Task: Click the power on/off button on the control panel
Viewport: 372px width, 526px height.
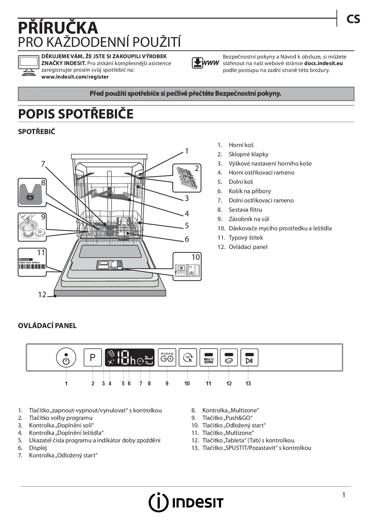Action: coord(66,357)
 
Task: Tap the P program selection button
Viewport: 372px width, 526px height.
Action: coord(93,357)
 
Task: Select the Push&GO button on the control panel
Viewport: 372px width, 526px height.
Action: coord(167,357)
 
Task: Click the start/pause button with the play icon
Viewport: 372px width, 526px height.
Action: coord(249,357)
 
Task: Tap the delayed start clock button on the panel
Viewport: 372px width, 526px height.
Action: coord(188,357)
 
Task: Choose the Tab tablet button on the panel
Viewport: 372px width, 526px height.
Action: coord(229,357)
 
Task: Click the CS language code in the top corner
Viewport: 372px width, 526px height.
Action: coord(353,19)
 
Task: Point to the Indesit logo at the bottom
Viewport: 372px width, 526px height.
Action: coord(186,502)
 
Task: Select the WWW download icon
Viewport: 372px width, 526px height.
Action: coord(205,63)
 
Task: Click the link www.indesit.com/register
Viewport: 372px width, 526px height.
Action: coord(75,77)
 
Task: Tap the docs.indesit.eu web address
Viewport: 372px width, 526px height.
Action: coord(323,63)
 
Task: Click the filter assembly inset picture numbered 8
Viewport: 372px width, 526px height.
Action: coord(32,193)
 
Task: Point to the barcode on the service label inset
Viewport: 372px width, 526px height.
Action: coord(32,267)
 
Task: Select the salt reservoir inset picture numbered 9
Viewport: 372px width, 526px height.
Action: coord(32,227)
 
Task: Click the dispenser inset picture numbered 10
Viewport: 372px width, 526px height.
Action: coord(187,267)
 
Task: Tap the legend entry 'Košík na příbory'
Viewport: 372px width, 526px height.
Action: coord(250,191)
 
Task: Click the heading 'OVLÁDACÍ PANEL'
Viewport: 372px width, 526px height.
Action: coord(47,326)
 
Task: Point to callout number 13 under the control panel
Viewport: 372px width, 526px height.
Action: coord(248,384)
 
